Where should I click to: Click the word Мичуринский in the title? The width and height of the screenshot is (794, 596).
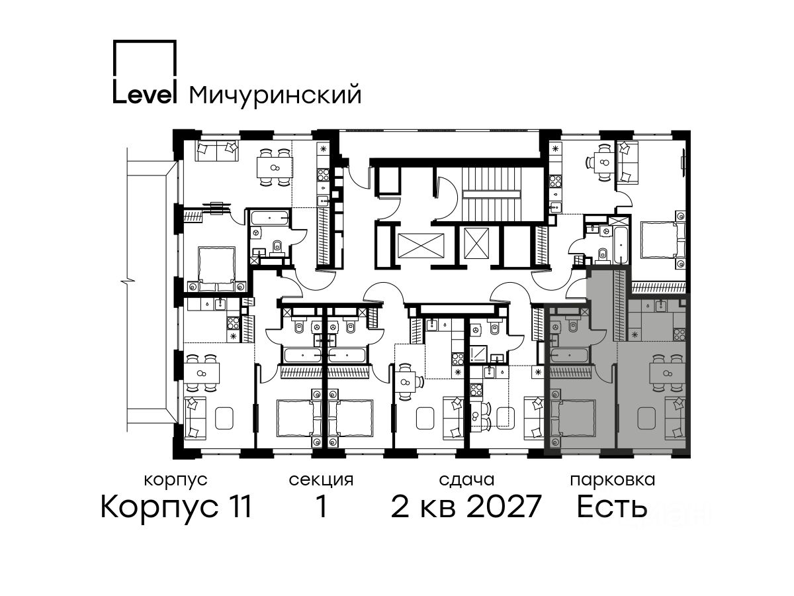(275, 95)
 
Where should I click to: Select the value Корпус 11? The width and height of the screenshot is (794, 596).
(176, 507)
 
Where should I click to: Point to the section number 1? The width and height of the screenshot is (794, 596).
(321, 507)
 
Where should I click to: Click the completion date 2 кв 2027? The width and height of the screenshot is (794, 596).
(466, 507)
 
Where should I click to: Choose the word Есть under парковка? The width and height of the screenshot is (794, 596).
(612, 507)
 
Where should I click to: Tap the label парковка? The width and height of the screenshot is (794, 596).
(613, 480)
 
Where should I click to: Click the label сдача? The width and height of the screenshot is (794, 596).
(466, 480)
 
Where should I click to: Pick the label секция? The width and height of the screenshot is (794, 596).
(321, 480)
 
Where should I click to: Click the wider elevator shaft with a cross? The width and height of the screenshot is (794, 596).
(421, 245)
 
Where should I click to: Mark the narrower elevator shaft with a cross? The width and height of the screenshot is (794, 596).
(476, 243)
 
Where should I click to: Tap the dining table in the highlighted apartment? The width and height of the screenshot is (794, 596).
(666, 373)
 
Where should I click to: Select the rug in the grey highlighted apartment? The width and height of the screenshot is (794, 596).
(646, 419)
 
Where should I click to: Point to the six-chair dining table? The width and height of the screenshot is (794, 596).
(275, 167)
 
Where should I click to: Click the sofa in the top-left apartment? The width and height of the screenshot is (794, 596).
(216, 151)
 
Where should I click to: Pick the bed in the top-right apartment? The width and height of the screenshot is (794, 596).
(663, 240)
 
